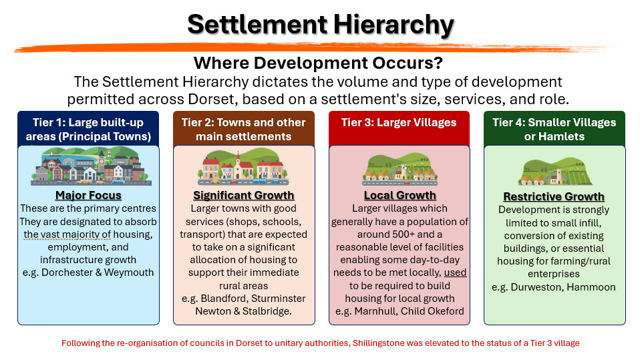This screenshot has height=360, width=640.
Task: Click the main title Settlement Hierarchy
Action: (x=321, y=25)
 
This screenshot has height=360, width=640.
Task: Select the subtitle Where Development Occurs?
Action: (x=318, y=63)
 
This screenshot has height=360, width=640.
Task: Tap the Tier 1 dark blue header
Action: (x=88, y=129)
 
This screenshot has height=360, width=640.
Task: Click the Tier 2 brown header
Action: (x=244, y=129)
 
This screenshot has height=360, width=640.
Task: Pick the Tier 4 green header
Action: (x=554, y=129)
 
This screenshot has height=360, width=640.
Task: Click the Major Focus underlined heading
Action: (x=89, y=196)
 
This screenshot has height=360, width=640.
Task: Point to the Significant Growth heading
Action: (x=244, y=196)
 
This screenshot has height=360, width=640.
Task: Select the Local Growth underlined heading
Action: (x=400, y=196)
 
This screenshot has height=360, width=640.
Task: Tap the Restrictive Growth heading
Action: (x=554, y=197)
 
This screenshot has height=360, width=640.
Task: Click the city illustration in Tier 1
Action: (x=91, y=166)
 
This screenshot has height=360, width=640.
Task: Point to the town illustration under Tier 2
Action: (x=244, y=167)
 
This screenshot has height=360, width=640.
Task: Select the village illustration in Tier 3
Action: (x=400, y=168)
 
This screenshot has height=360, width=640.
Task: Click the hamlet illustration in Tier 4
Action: (x=555, y=171)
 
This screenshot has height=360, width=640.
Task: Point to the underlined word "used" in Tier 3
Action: (x=455, y=273)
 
